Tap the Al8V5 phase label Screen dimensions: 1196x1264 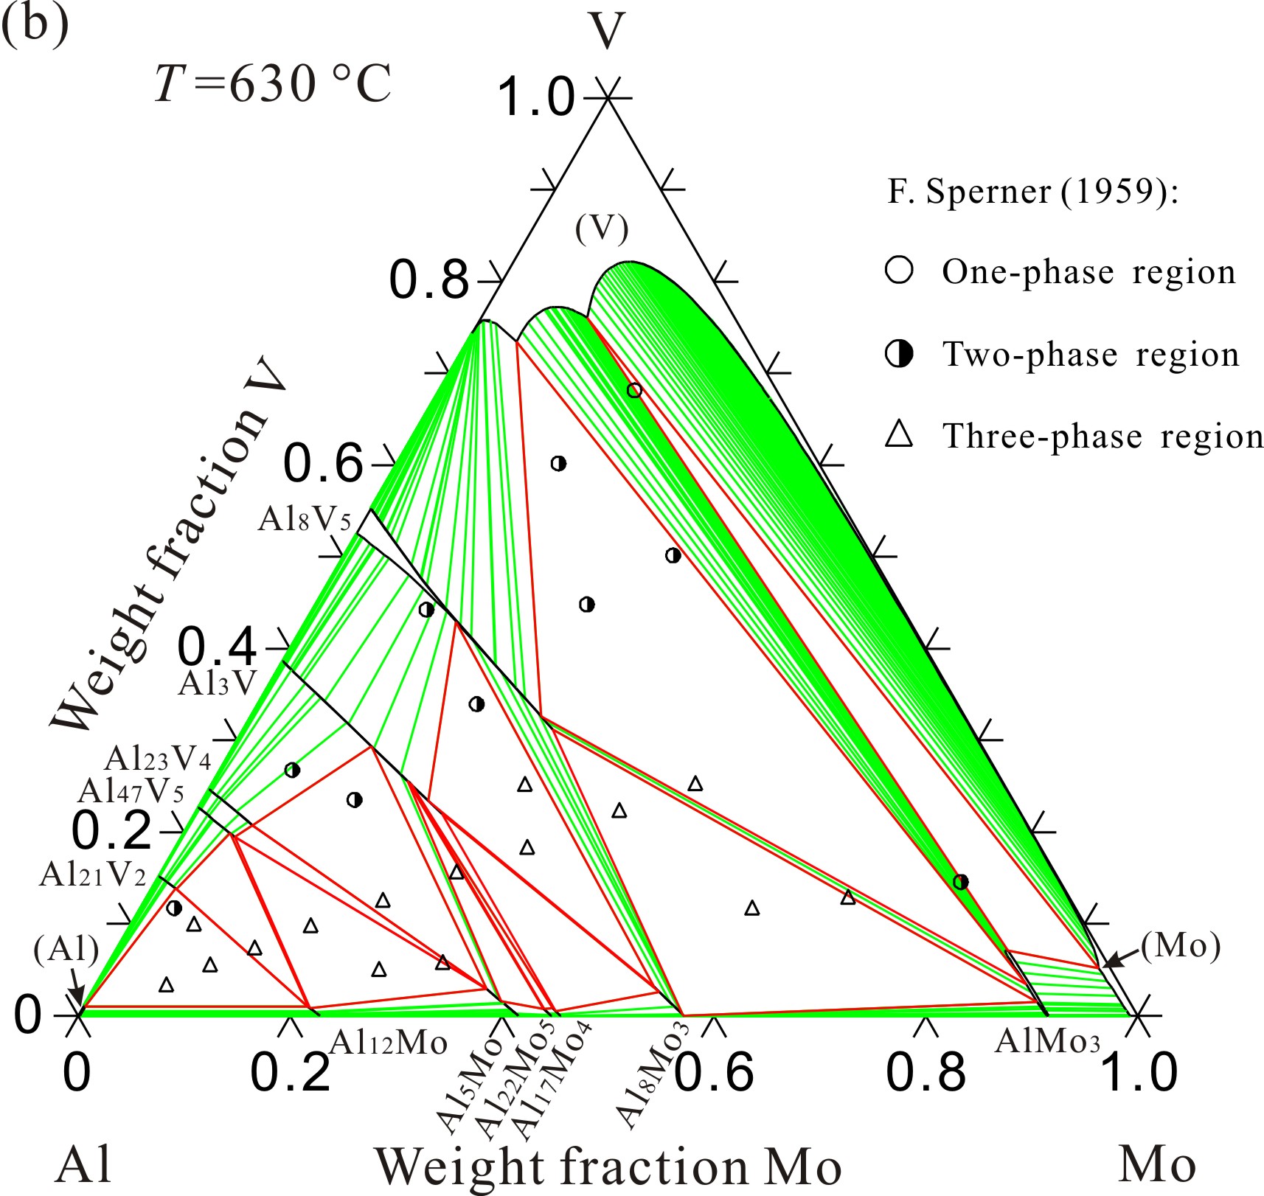point(305,520)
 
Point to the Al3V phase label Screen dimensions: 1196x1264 point(217,684)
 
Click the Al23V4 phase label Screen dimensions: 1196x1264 point(158,758)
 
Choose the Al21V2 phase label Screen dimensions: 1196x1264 point(93,875)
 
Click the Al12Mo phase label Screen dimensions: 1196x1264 point(388,1043)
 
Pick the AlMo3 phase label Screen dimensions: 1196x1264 point(1047,1041)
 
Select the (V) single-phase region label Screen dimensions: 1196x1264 point(602,229)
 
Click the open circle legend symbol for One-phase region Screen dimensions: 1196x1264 point(899,271)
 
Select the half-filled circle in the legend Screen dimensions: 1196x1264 point(899,355)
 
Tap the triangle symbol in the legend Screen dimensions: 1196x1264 point(899,435)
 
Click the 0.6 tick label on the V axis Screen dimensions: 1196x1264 point(324,464)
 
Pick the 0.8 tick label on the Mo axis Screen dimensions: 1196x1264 point(926,1073)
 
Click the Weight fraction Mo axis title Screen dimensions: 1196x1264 point(608,1167)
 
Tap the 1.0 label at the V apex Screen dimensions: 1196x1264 point(535,97)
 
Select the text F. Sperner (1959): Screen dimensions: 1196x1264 point(1033,192)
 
